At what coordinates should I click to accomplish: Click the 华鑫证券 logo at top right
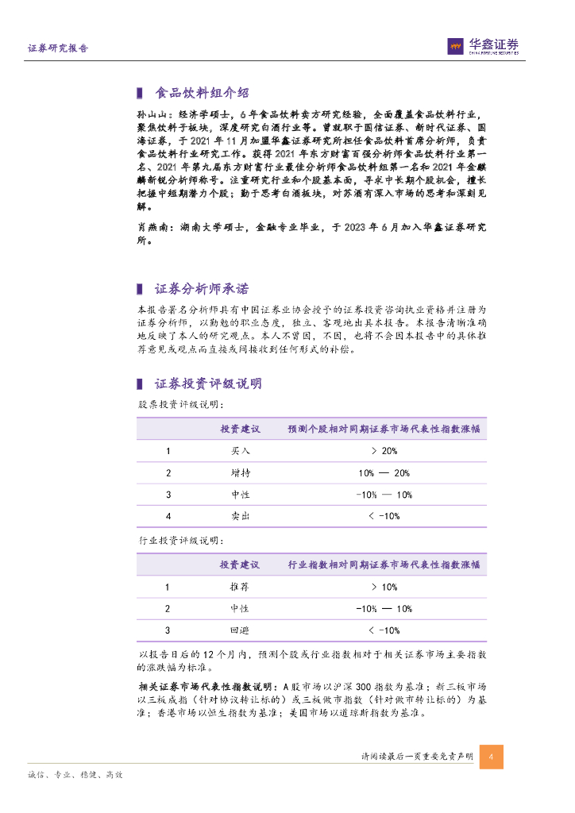click(x=484, y=47)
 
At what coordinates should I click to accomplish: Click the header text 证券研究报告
click(x=58, y=48)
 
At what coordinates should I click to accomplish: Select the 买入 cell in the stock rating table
click(x=240, y=451)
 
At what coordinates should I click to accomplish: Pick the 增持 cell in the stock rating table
click(x=240, y=473)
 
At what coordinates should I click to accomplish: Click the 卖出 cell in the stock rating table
click(x=240, y=516)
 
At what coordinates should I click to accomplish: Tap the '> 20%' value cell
click(x=384, y=451)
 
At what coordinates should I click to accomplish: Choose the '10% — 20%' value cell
click(x=384, y=473)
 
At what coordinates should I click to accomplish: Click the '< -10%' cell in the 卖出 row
click(x=384, y=516)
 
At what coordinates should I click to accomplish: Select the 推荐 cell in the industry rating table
click(x=240, y=588)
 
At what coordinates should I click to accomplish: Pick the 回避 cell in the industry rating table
click(x=240, y=630)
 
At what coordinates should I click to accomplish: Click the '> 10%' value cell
click(x=384, y=588)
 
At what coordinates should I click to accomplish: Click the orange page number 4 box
click(x=491, y=757)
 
